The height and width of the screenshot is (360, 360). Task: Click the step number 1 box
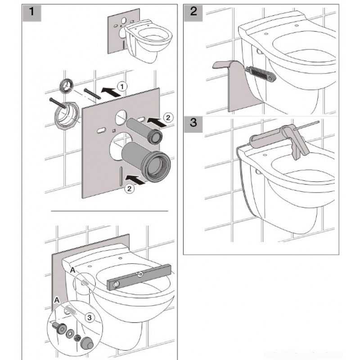click(32, 13)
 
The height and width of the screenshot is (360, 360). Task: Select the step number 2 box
click(193, 13)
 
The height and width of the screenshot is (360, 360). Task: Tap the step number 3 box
click(193, 125)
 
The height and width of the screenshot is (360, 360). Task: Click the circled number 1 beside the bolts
click(122, 86)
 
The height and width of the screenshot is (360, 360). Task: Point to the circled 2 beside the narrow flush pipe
click(168, 118)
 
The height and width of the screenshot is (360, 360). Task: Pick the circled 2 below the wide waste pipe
click(130, 189)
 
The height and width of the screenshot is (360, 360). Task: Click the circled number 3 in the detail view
click(90, 318)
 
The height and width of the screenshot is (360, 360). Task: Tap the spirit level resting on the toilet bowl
click(139, 277)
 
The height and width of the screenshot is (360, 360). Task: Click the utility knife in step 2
click(261, 73)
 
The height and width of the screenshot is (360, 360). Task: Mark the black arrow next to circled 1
click(111, 91)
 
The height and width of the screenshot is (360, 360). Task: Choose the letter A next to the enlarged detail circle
click(57, 300)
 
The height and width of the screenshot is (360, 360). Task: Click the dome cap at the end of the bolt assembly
click(87, 343)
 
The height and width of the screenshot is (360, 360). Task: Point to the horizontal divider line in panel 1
click(109, 211)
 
